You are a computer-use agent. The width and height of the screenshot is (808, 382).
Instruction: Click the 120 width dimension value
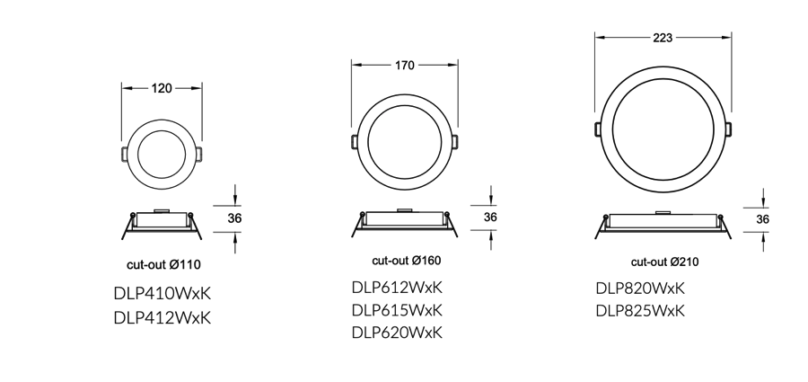(162, 88)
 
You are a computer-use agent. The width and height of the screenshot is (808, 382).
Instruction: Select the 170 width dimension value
(404, 66)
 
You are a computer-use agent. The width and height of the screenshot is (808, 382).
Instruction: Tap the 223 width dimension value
(663, 38)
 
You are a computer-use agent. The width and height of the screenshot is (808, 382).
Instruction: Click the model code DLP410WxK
(162, 293)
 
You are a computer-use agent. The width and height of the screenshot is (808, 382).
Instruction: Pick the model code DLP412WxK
(162, 317)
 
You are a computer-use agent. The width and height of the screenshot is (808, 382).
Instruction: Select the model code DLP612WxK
(398, 288)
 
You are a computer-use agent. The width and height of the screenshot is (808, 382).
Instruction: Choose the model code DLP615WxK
(398, 310)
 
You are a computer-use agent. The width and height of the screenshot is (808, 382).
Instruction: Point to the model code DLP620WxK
(398, 333)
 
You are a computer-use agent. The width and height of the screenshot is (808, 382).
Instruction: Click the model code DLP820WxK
(640, 289)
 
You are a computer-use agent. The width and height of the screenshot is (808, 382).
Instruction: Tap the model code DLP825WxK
(640, 311)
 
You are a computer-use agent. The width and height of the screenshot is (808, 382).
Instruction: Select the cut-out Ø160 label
(407, 261)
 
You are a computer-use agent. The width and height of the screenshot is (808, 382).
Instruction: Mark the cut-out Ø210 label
(664, 262)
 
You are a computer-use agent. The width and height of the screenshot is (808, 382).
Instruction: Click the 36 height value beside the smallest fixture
(235, 218)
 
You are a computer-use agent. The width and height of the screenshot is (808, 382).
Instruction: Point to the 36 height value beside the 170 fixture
(491, 218)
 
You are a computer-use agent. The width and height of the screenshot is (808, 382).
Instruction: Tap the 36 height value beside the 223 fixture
(762, 219)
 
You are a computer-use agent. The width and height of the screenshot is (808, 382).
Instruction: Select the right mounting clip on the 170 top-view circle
(457, 143)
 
